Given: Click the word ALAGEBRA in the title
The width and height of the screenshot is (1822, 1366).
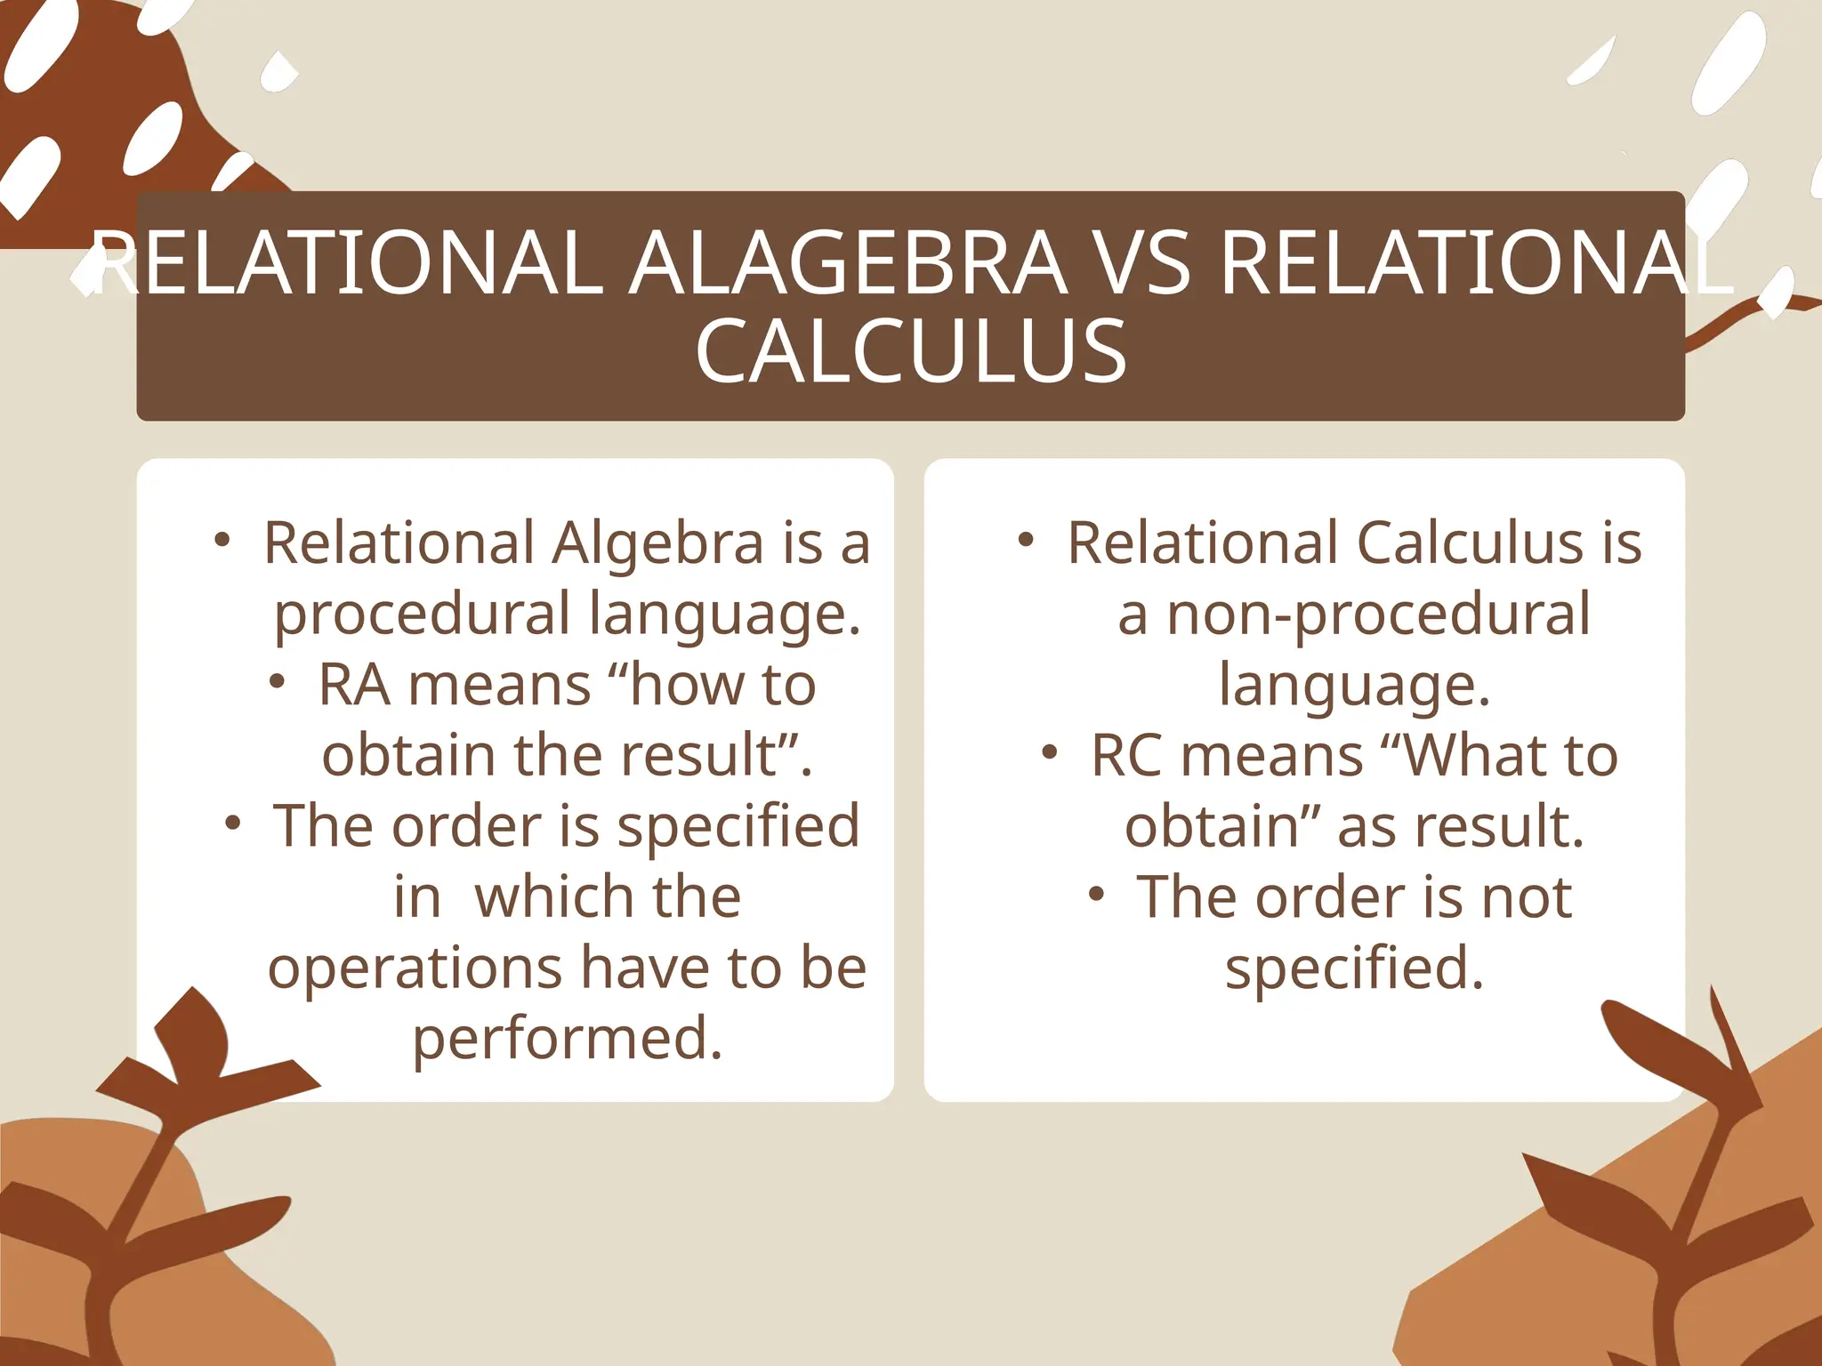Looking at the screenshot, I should click(848, 264).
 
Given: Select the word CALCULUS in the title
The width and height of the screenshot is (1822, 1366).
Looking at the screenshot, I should click(911, 352).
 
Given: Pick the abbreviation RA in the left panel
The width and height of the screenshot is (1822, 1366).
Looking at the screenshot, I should click(354, 685).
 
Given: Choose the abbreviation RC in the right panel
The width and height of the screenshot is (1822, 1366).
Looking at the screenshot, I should click(1126, 756).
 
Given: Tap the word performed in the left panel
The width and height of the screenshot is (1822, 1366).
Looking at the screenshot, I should click(567, 1039).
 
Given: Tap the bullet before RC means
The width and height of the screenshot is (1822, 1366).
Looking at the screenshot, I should click(1050, 752).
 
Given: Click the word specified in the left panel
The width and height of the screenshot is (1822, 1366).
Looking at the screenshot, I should click(738, 827).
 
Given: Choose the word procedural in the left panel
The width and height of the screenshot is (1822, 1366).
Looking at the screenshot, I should click(422, 615).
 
